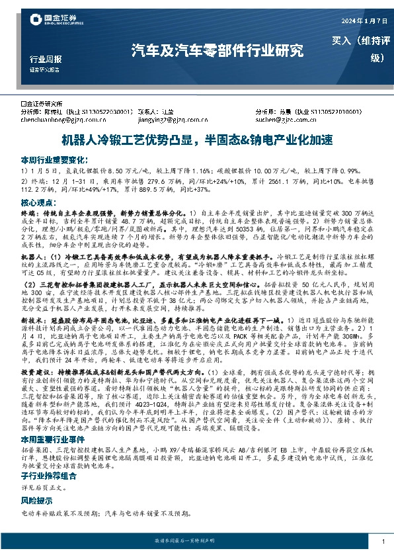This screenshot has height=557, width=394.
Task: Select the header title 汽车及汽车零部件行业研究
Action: tap(217, 50)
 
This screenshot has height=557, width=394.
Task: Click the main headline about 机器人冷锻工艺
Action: tap(197, 141)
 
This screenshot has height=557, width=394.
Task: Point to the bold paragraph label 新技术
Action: tap(32, 319)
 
